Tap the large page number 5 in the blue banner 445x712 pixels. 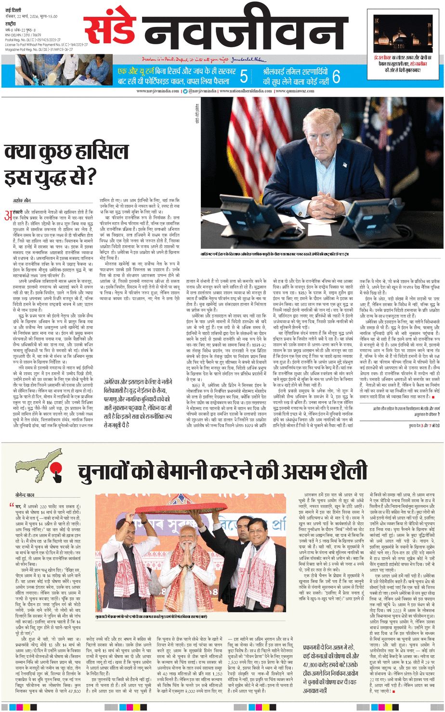tap(244, 76)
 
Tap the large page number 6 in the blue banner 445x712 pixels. tap(336, 76)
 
